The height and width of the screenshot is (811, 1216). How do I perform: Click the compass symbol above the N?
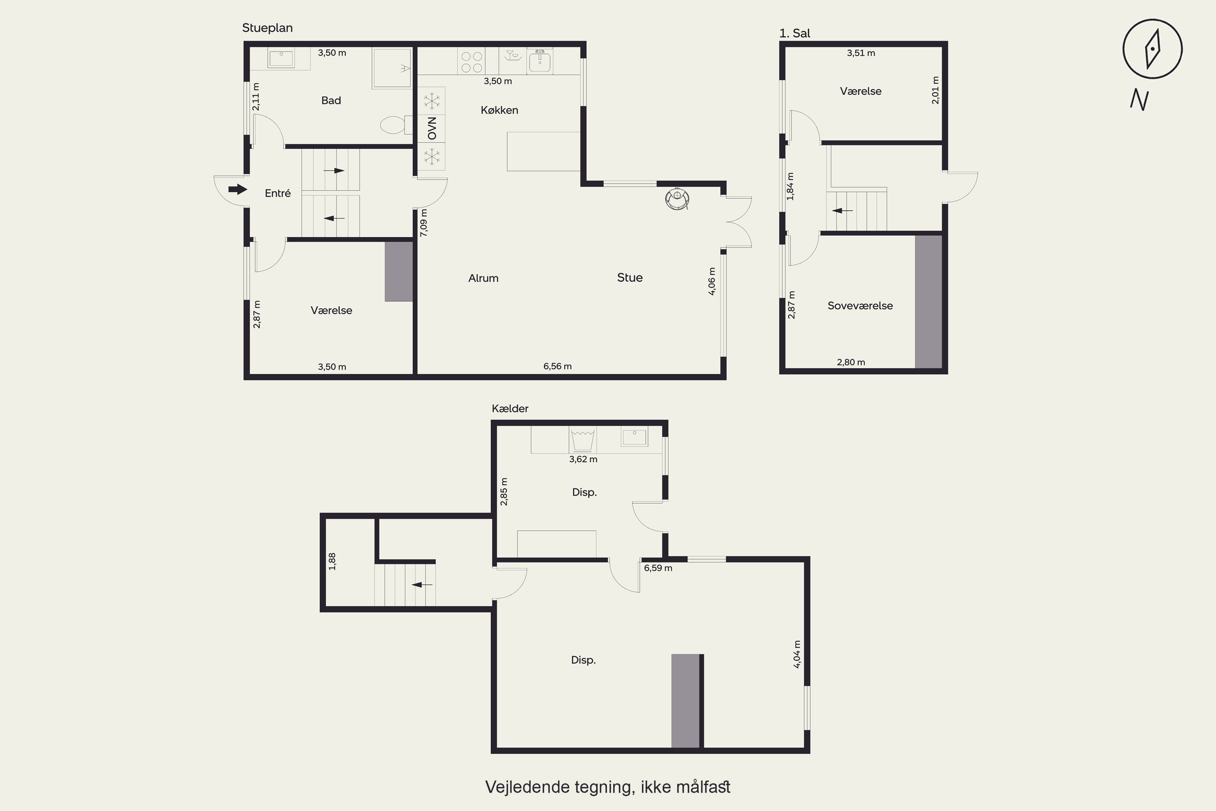pyautogui.click(x=1152, y=49)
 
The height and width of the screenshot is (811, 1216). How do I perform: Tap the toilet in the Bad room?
pyautogui.click(x=396, y=124)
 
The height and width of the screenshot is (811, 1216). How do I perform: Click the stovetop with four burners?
pyautogui.click(x=471, y=62)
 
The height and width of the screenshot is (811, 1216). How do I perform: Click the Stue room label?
pyautogui.click(x=630, y=278)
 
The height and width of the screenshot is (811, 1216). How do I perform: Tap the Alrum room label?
pyautogui.click(x=484, y=278)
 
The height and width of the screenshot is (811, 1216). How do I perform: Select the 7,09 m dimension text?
pyautogui.click(x=424, y=223)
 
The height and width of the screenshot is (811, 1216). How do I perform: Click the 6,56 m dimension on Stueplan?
pyautogui.click(x=557, y=366)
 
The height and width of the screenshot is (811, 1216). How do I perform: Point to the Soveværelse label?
pyautogui.click(x=860, y=306)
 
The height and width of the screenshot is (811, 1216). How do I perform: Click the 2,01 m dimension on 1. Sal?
pyautogui.click(x=935, y=90)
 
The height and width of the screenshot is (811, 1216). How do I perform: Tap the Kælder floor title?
pyautogui.click(x=510, y=409)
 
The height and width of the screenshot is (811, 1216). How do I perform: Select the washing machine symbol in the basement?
pyautogui.click(x=583, y=440)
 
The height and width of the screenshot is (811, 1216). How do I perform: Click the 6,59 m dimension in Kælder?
pyautogui.click(x=658, y=568)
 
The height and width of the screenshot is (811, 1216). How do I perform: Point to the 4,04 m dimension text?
pyautogui.click(x=797, y=654)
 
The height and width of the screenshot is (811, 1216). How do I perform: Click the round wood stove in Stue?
pyautogui.click(x=677, y=199)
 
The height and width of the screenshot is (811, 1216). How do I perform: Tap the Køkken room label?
pyautogui.click(x=499, y=110)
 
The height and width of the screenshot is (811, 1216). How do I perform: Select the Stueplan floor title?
pyautogui.click(x=267, y=28)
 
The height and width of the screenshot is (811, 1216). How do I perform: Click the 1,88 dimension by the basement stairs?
pyautogui.click(x=332, y=562)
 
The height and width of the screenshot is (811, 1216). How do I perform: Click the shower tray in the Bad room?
pyautogui.click(x=392, y=68)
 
